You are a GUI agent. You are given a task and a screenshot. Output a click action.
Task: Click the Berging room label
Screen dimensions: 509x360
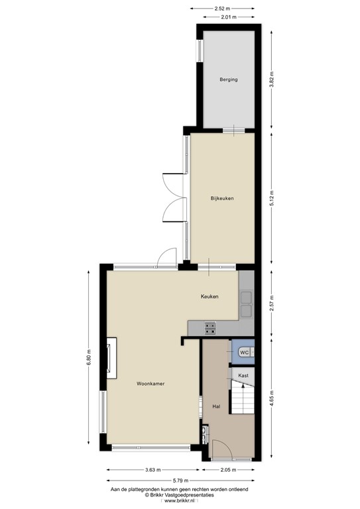(228, 80)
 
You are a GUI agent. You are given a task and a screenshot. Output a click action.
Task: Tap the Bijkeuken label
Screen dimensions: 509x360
(221, 198)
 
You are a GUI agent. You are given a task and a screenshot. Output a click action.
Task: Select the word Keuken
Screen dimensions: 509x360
(210, 296)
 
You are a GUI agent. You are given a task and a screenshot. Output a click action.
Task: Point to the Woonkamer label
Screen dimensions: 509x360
(150, 384)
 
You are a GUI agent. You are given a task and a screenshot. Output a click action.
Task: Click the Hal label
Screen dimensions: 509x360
(215, 406)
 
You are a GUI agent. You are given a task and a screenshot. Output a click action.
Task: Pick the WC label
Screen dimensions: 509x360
(243, 353)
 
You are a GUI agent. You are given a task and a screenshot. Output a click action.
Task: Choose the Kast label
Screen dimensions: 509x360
(243, 375)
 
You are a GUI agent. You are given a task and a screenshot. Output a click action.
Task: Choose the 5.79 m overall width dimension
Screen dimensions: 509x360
(180, 480)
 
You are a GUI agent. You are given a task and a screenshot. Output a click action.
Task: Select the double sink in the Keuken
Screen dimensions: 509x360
(246, 304)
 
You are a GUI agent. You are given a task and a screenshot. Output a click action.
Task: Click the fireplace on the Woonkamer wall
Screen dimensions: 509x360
(111, 359)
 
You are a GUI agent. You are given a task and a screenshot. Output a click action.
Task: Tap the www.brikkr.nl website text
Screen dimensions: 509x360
(180, 502)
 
